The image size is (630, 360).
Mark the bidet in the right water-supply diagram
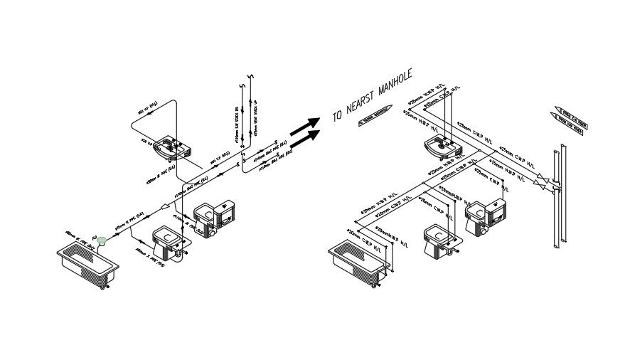440,239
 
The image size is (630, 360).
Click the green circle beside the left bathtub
102,241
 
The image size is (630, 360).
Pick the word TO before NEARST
338,115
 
